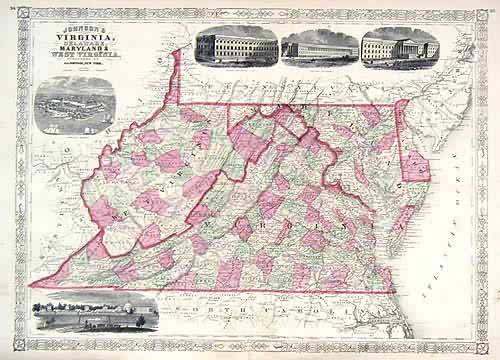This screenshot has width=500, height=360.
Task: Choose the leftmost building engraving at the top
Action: [235, 45]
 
